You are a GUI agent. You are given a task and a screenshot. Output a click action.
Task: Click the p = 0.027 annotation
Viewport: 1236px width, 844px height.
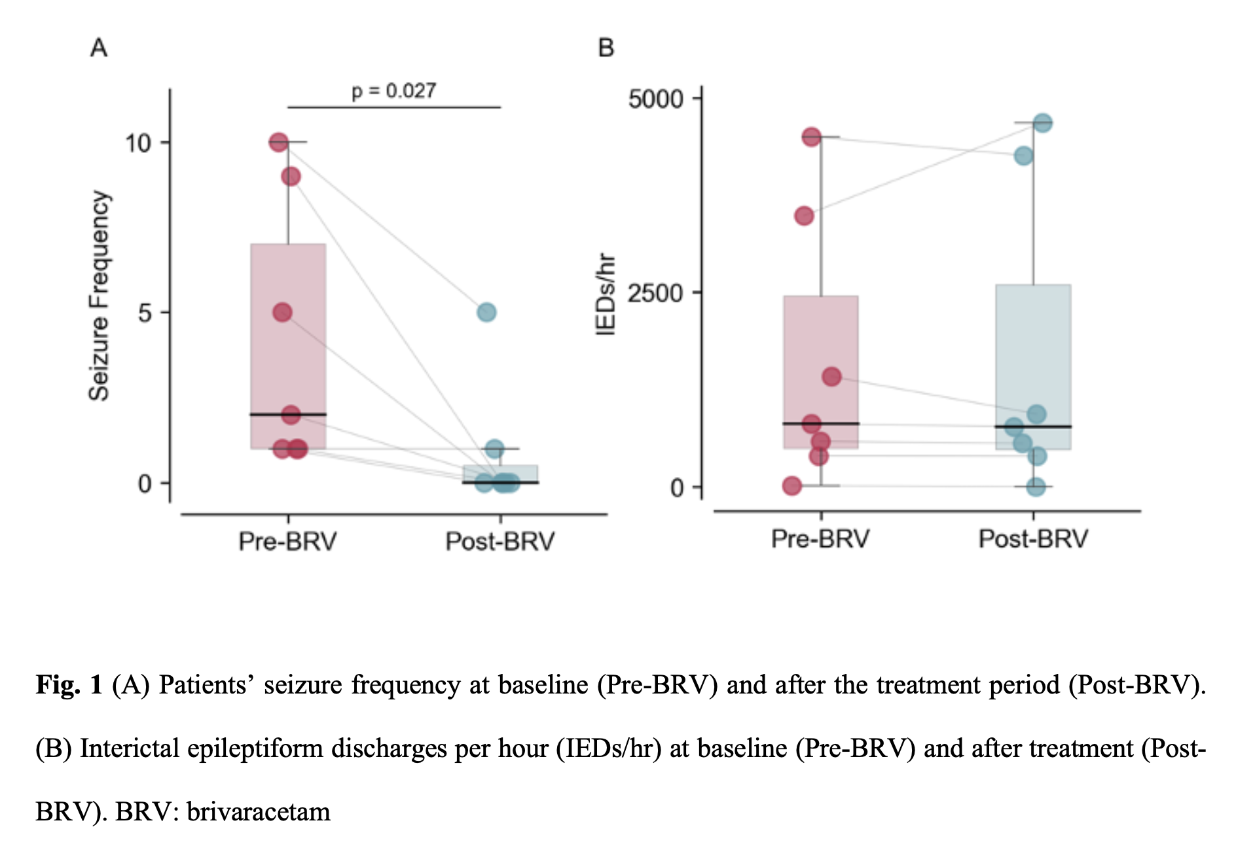coord(393,91)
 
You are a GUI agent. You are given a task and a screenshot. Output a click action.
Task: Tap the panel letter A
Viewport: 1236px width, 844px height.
coord(99,48)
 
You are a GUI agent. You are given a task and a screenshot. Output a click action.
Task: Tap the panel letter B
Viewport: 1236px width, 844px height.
coord(606,48)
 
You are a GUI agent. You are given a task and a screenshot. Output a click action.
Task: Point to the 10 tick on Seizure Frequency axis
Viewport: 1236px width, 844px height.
coord(138,143)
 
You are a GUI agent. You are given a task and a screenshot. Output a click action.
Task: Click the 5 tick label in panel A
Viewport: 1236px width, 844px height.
coord(144,313)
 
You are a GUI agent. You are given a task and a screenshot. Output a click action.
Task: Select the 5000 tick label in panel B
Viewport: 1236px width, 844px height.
coord(655,99)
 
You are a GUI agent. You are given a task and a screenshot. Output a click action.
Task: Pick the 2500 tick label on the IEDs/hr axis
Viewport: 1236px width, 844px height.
coord(655,293)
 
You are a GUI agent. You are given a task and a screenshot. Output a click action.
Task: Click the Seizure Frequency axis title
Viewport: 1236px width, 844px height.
coord(99,296)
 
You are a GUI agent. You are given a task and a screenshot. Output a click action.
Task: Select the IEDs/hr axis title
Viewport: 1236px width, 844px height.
coord(606,294)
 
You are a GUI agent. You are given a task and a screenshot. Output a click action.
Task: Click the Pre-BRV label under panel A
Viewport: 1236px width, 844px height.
coord(287,542)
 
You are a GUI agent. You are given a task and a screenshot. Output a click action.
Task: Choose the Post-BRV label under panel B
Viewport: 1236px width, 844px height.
coord(1033,539)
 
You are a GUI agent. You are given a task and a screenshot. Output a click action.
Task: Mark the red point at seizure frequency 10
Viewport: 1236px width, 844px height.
coord(279,142)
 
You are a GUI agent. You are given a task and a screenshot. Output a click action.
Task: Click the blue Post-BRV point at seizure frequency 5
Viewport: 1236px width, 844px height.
coord(486,312)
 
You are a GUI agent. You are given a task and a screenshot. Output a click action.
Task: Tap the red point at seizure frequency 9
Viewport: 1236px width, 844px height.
coord(291,177)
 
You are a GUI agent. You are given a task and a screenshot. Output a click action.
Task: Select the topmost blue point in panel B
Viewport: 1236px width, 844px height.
coord(1042,123)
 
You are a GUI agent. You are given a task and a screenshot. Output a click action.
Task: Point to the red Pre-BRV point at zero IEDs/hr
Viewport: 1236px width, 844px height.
coord(792,486)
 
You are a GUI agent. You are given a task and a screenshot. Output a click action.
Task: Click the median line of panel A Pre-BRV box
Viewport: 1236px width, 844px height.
coord(288,414)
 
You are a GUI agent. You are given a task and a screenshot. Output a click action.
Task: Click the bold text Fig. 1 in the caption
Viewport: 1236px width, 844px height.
coord(69,685)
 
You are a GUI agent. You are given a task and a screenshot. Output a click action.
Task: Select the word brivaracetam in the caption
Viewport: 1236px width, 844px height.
coord(259,812)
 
